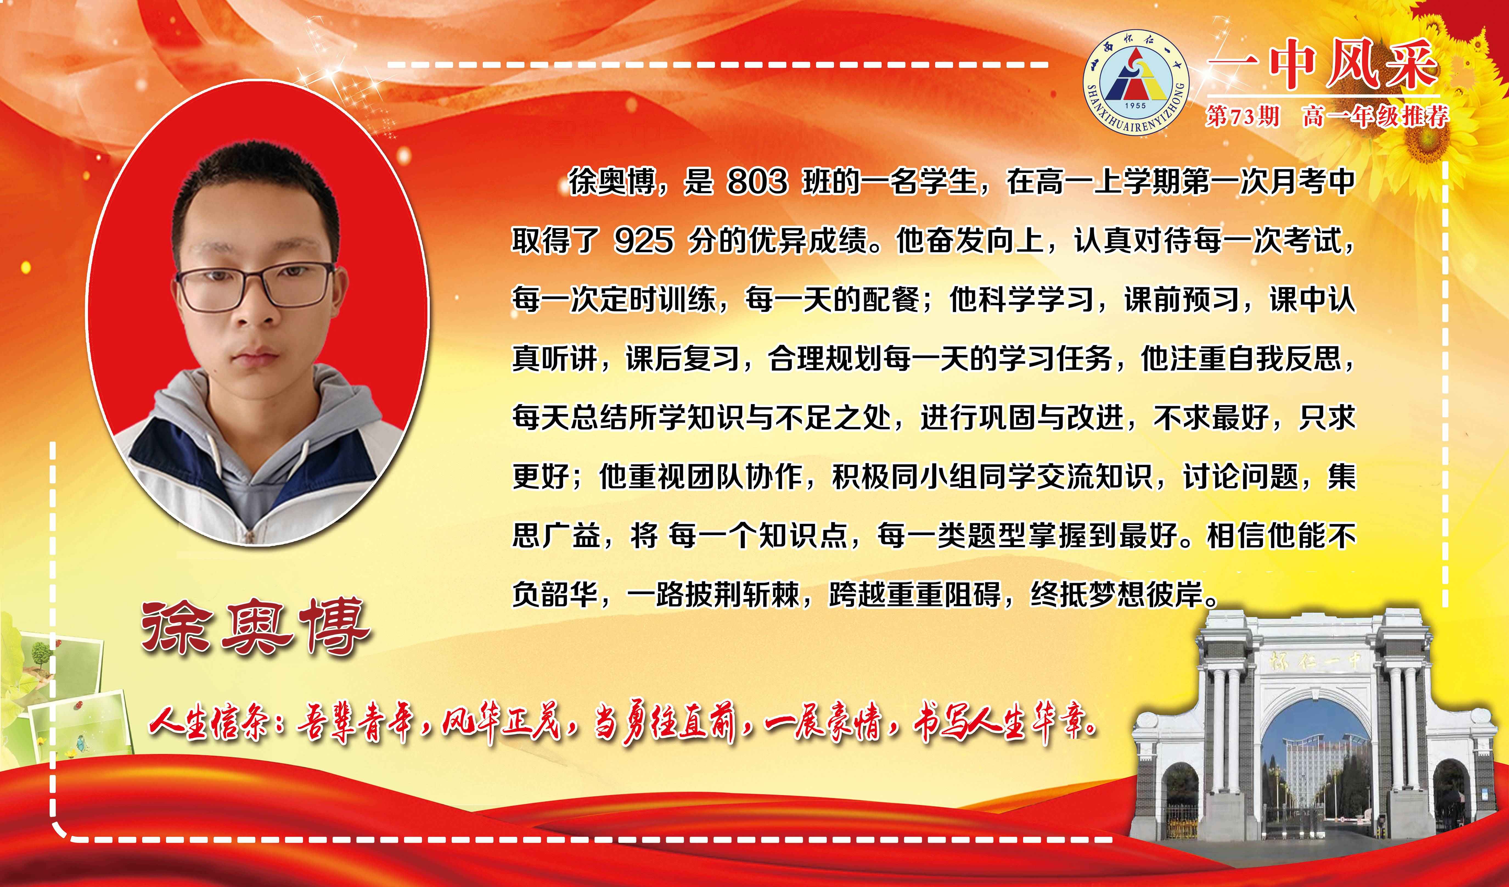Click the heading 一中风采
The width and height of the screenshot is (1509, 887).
(1323, 64)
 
